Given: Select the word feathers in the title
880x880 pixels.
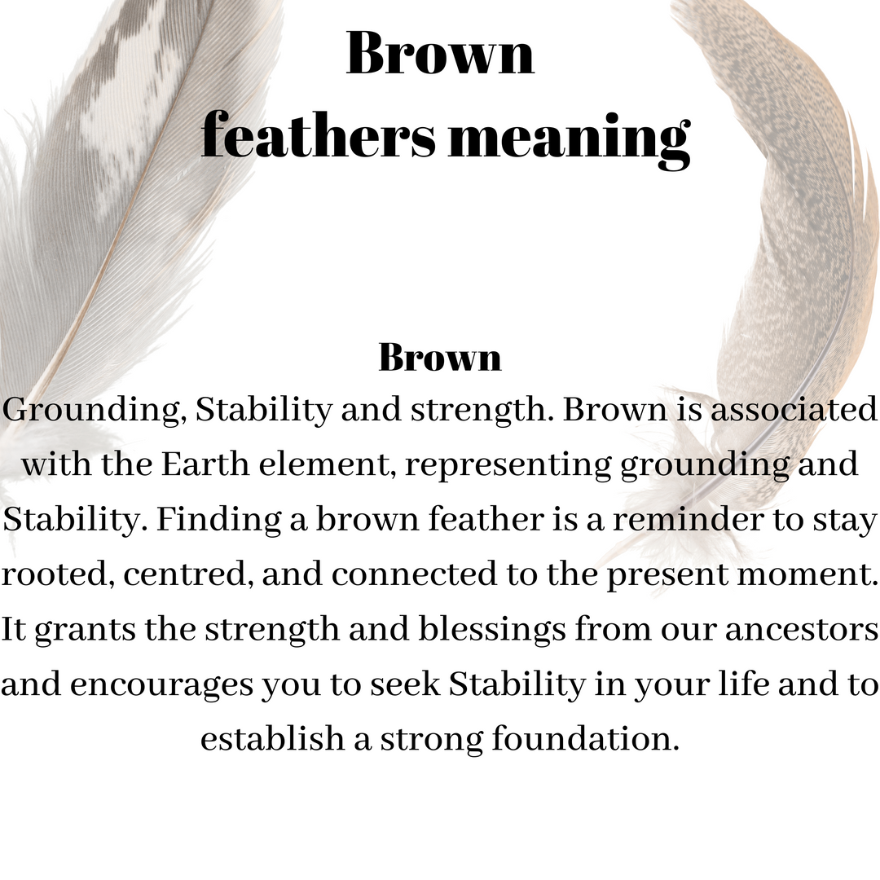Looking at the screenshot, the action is pos(319,136).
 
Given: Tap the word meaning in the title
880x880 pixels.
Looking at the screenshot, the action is pos(569,140).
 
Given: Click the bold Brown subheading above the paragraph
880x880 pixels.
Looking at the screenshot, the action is pos(440,357).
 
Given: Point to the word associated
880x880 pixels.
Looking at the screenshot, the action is pos(793,408).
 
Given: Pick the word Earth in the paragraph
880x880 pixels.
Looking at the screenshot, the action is pos(205,464).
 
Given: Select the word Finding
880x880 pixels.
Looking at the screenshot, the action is pos(218,520).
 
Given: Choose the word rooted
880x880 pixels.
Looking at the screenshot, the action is pos(58,574).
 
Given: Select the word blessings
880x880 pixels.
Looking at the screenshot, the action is pos(491,630).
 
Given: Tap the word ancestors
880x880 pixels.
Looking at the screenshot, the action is pos(802,630).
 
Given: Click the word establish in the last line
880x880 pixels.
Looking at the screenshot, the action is pos(272,738).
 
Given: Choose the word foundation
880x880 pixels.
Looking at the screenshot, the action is pos(585,738).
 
